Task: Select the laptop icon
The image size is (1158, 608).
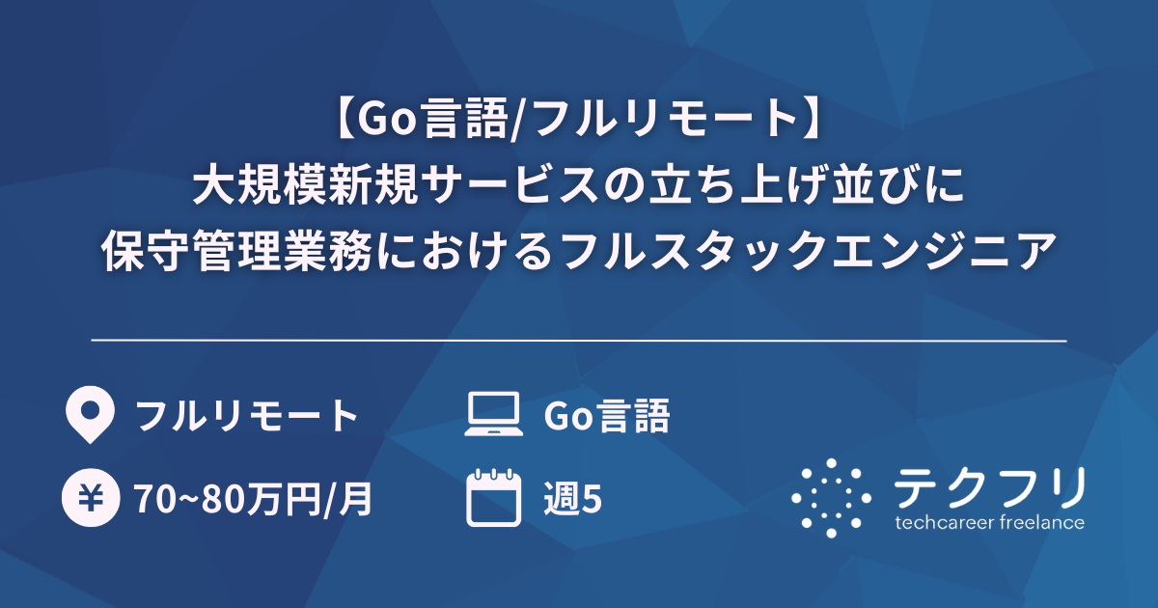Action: (x=492, y=416)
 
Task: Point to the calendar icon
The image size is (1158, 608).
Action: (x=493, y=498)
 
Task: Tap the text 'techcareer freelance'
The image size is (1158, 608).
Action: (x=989, y=523)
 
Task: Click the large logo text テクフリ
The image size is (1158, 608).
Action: (x=989, y=486)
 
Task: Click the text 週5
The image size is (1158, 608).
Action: (x=573, y=499)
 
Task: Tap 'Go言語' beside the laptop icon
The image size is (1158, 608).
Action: (x=607, y=416)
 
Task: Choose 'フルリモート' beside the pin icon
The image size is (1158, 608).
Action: (x=247, y=416)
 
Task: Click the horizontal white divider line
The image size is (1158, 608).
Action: (x=579, y=341)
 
